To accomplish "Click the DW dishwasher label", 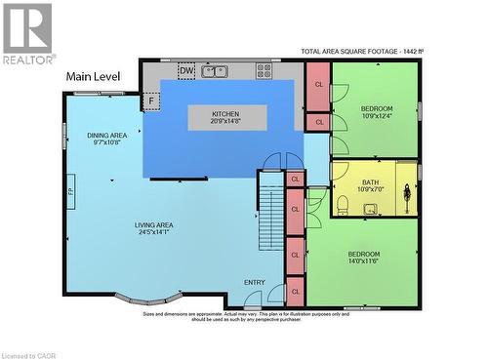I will [185, 70].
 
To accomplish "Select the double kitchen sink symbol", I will [217, 70].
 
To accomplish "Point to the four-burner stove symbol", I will [264, 70].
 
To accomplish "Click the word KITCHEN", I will [225, 114].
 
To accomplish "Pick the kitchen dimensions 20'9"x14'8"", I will [225, 122].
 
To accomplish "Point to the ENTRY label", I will [254, 283].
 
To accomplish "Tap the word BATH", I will [370, 181].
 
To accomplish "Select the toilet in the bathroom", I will [343, 205].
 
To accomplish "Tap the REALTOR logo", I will [28, 34].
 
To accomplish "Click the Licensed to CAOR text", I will [32, 352].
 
